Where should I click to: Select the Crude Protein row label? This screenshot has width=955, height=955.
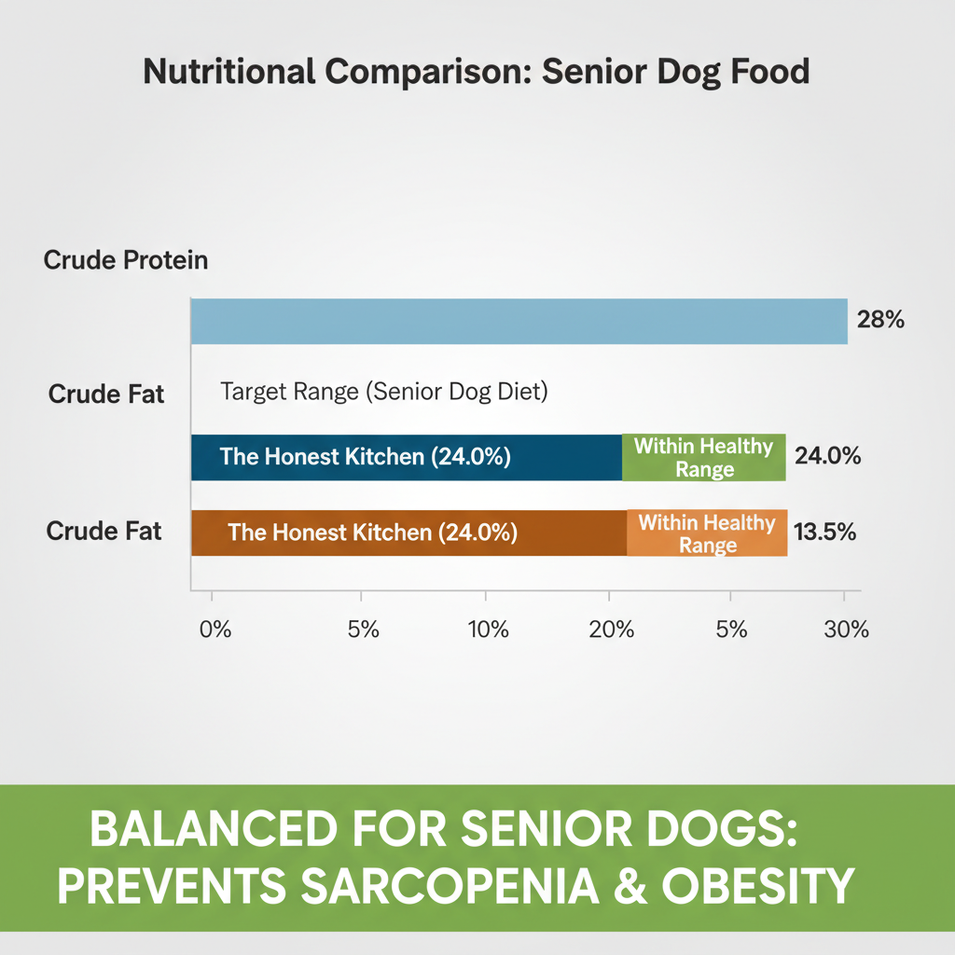[x=126, y=260]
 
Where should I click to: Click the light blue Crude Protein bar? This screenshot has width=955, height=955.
[x=519, y=322]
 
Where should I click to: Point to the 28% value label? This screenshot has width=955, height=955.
[x=879, y=321]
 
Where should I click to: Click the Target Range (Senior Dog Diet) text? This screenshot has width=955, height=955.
[x=383, y=392]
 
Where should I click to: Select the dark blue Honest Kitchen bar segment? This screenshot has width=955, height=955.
[x=406, y=458]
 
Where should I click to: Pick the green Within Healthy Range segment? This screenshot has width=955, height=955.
[x=704, y=458]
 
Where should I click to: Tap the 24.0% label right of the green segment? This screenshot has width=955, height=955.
[x=827, y=457]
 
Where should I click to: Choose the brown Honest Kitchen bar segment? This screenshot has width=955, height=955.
[x=408, y=533]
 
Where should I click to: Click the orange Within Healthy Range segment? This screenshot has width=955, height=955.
[x=707, y=533]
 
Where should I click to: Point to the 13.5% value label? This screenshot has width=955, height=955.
[x=824, y=533]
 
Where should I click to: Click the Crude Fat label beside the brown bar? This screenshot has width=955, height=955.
[x=104, y=532]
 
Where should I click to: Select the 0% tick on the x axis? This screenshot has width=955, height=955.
[x=215, y=630]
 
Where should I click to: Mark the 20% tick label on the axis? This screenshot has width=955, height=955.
[x=612, y=630]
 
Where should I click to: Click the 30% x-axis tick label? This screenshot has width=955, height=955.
[x=847, y=630]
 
